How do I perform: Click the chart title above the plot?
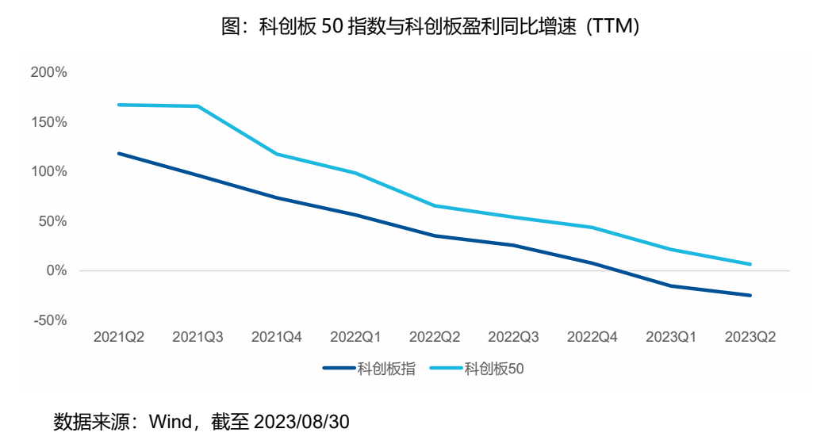[429, 26]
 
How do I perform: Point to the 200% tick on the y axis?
[48, 73]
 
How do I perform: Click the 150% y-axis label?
[48, 123]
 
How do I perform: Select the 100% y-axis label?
[48, 172]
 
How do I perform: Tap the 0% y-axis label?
[56, 271]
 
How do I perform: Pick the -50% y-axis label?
[50, 320]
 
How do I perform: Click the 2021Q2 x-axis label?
[119, 337]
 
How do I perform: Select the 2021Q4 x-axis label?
[277, 337]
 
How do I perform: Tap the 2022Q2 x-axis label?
[435, 337]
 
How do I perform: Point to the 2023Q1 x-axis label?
[671, 337]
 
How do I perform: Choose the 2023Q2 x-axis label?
[750, 337]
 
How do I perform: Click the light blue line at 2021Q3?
[197, 106]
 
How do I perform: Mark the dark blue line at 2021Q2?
[119, 153]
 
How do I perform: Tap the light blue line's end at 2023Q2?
[750, 264]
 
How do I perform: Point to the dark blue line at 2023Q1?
[671, 285]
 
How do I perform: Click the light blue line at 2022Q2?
[435, 205]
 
